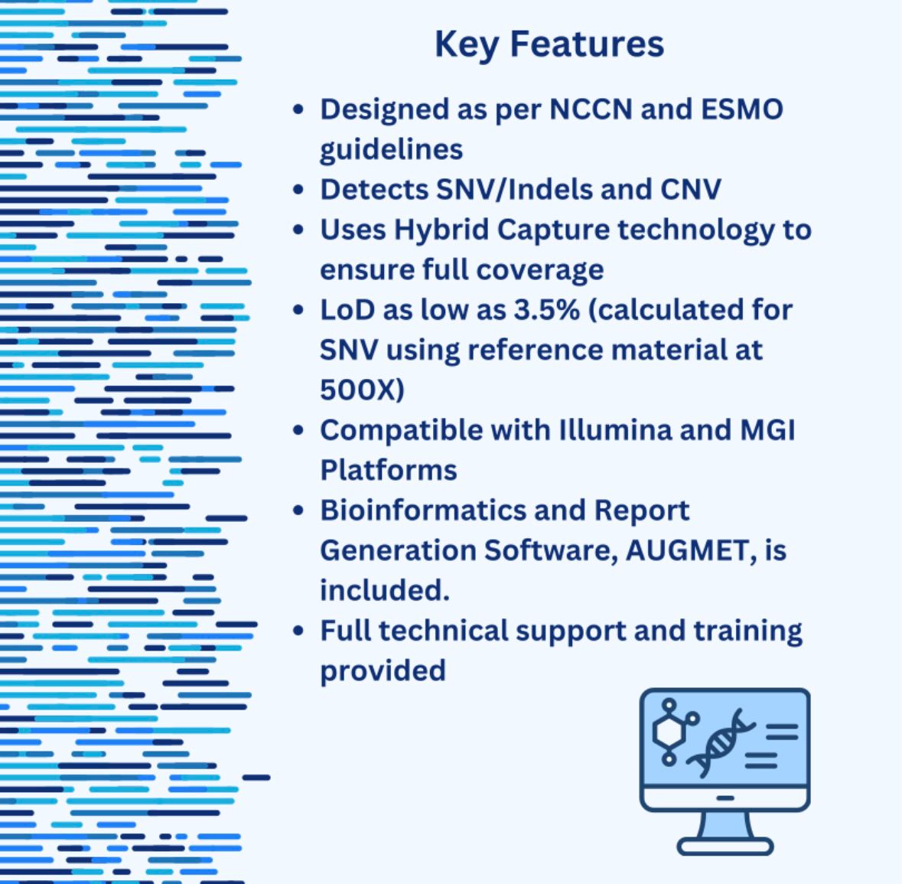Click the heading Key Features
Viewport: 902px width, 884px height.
(549, 45)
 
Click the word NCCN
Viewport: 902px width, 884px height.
(591, 109)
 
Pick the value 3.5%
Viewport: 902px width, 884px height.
(546, 310)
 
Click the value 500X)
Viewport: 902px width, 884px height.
(362, 390)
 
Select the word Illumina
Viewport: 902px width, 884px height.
(615, 430)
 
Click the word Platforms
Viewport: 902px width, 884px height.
(389, 470)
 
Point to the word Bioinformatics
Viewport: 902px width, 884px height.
(423, 511)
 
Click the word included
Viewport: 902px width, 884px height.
(384, 591)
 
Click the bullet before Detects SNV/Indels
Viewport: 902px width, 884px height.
(298, 189)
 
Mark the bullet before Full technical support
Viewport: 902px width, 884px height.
(298, 631)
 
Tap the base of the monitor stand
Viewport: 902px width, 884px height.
(725, 846)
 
